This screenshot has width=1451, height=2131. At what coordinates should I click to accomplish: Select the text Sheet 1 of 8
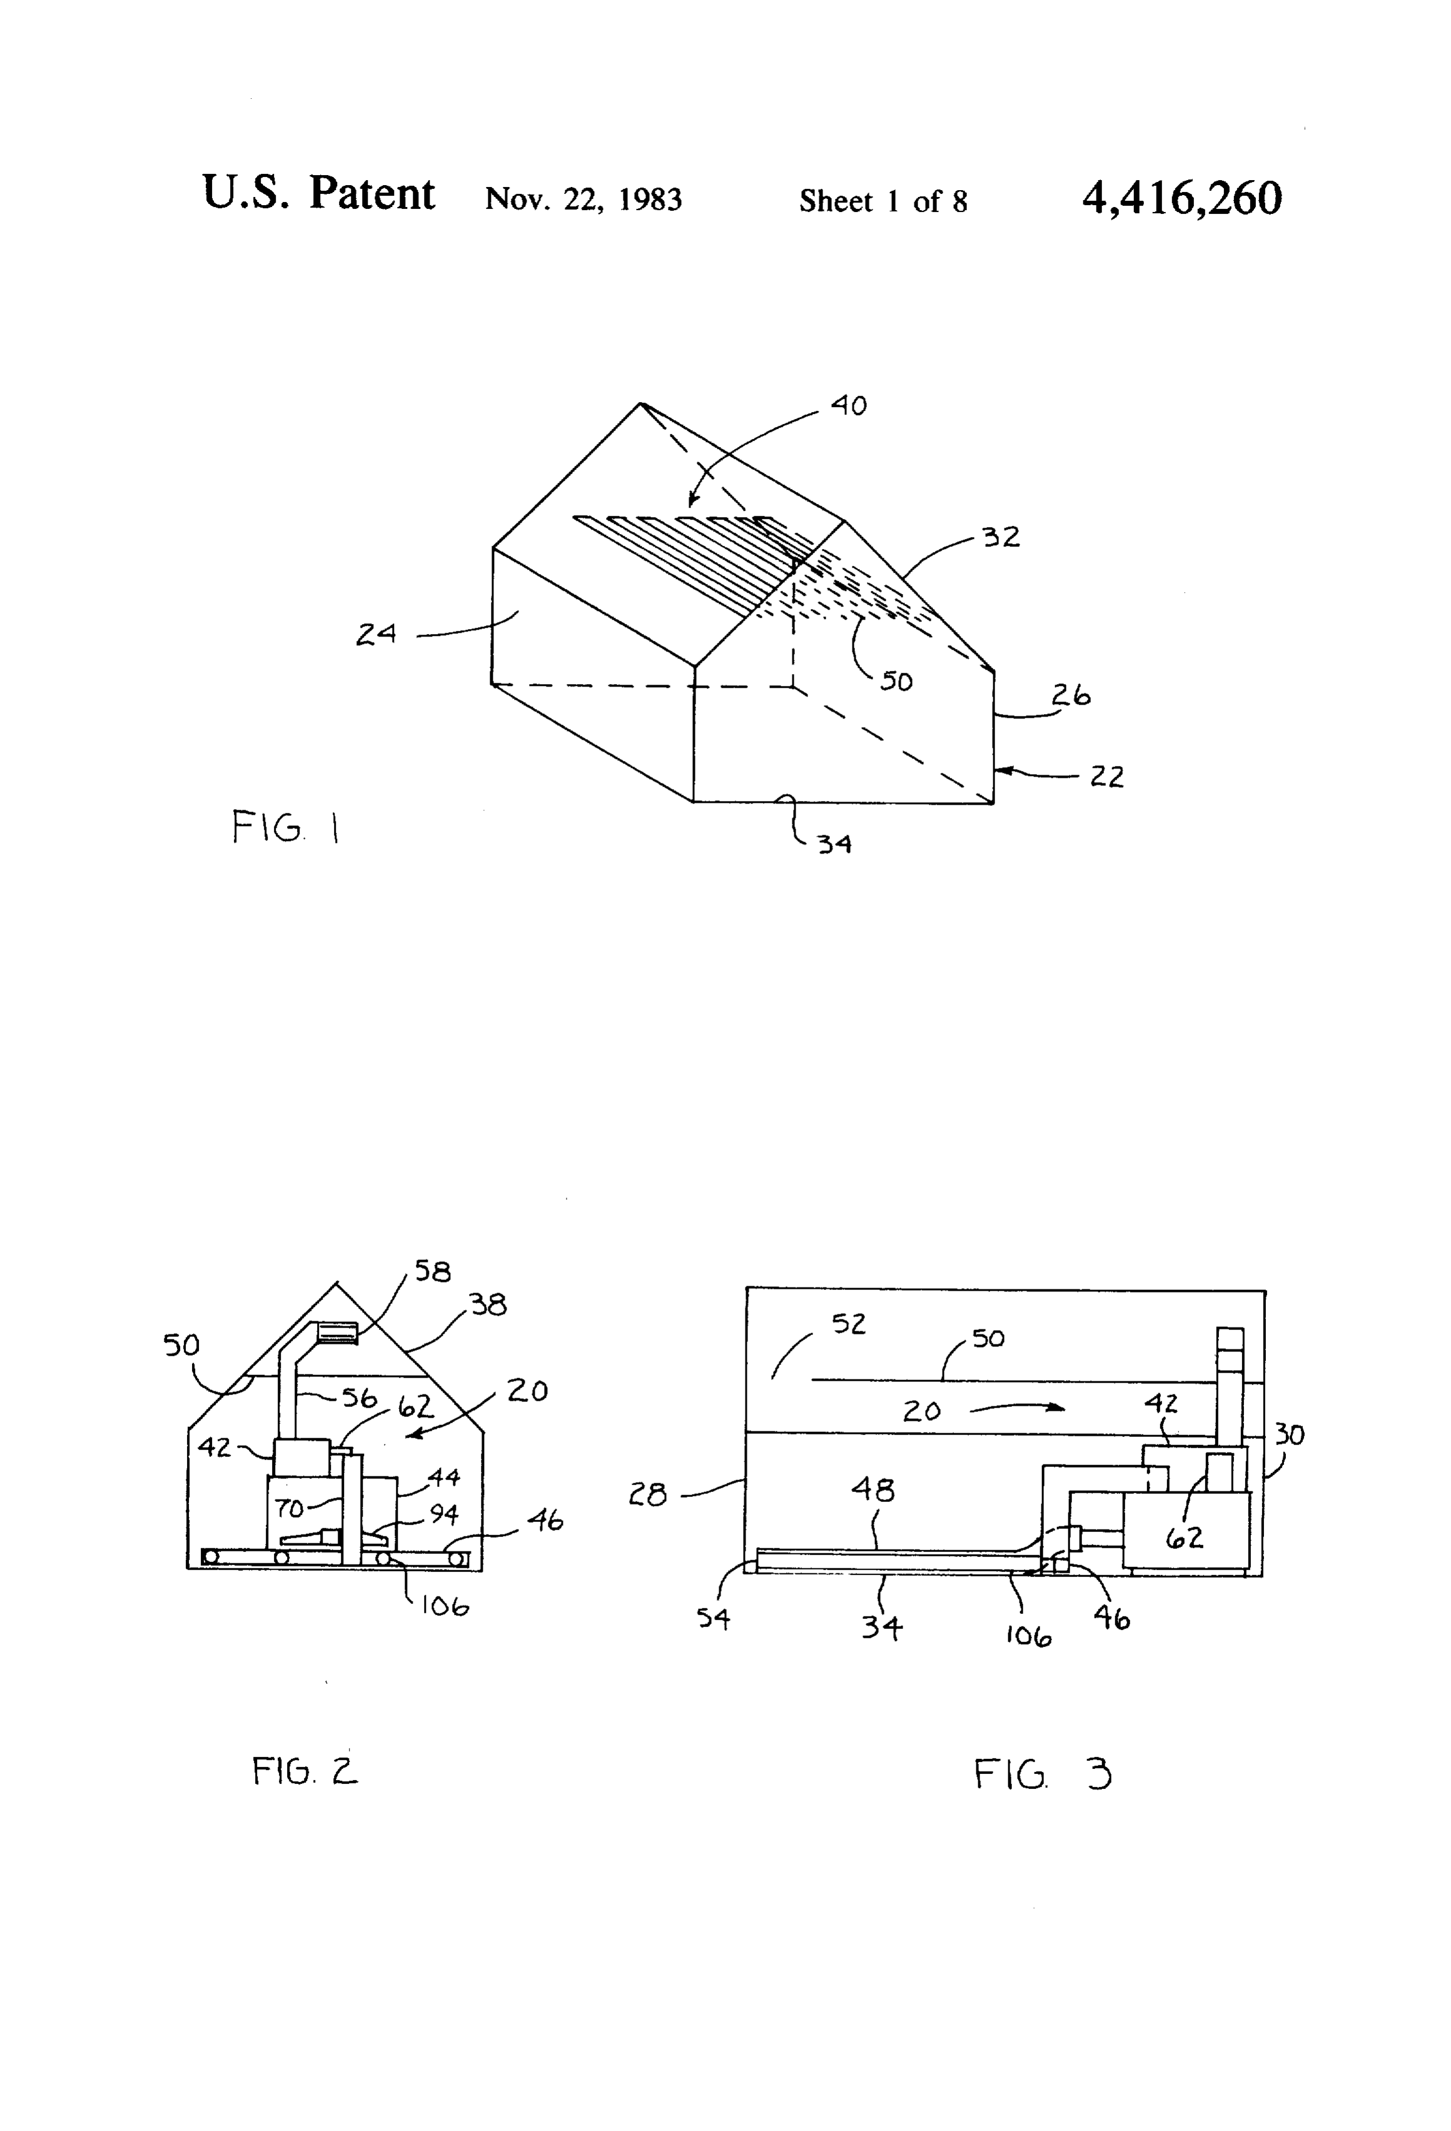pyautogui.click(x=883, y=201)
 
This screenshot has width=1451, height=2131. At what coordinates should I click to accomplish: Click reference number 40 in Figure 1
pyautogui.click(x=849, y=405)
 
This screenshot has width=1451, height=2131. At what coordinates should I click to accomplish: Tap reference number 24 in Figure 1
pyautogui.click(x=376, y=633)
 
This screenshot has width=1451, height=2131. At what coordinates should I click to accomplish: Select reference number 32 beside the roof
pyautogui.click(x=1001, y=537)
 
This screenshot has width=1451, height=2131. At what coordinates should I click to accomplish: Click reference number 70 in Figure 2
pyautogui.click(x=290, y=1508)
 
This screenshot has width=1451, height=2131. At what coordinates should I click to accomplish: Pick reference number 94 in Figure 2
pyautogui.click(x=444, y=1513)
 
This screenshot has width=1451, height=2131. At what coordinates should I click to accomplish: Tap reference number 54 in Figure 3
pyautogui.click(x=714, y=1618)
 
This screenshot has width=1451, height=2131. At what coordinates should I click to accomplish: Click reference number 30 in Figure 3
pyautogui.click(x=1290, y=1434)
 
